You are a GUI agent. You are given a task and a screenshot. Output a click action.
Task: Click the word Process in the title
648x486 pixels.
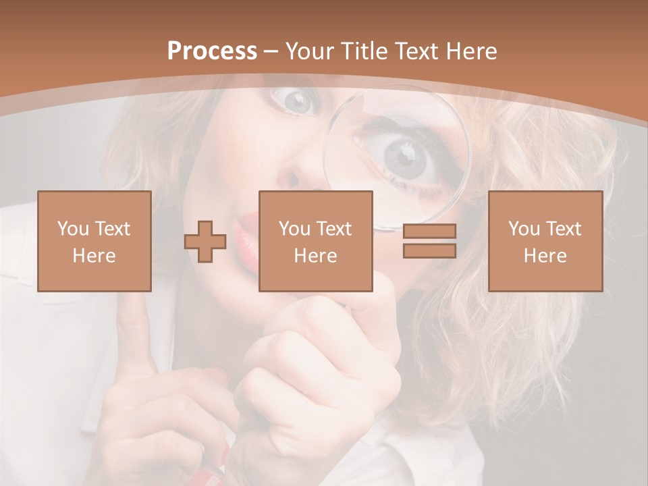tap(212, 51)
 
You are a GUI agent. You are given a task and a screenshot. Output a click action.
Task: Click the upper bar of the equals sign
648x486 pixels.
tap(429, 232)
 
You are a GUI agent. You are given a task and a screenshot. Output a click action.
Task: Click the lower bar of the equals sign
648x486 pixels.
tap(429, 251)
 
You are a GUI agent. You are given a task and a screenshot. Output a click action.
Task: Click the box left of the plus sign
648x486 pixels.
tap(94, 241)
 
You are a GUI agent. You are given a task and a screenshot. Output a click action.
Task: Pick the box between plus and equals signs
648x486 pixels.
tap(315, 241)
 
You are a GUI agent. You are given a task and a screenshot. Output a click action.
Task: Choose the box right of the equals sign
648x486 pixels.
tap(545, 241)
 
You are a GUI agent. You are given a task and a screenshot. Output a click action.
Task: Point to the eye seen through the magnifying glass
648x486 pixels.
tap(405, 155)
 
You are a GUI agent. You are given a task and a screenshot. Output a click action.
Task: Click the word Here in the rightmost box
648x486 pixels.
tap(545, 256)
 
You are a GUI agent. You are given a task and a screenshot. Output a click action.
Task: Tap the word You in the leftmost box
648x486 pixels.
tap(73, 229)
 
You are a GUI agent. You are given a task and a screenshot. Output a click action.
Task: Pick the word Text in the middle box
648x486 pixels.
tap(334, 229)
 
